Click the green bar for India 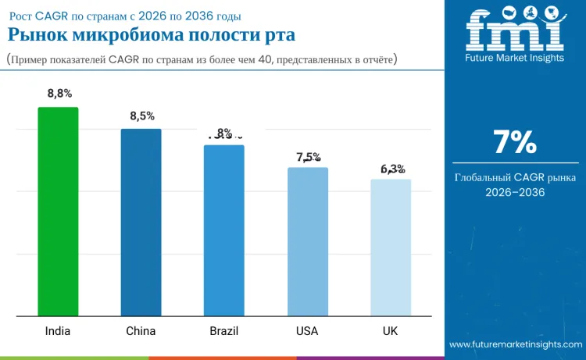pyautogui.click(x=58, y=212)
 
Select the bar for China pyautogui.click(x=141, y=223)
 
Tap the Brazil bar pyautogui.click(x=224, y=230)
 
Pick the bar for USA pyautogui.click(x=307, y=242)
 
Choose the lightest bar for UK pyautogui.click(x=391, y=248)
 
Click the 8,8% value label pyautogui.click(x=59, y=94)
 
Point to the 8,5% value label pyautogui.click(x=141, y=116)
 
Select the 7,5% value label pyautogui.click(x=309, y=157)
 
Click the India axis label pyautogui.click(x=58, y=331)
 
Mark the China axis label pyautogui.click(x=141, y=331)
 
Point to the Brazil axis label pyautogui.click(x=224, y=331)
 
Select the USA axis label pyautogui.click(x=307, y=331)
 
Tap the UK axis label pyautogui.click(x=391, y=331)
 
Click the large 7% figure pyautogui.click(x=515, y=142)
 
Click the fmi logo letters pyautogui.click(x=514, y=31)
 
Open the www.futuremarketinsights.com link pyautogui.click(x=515, y=344)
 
